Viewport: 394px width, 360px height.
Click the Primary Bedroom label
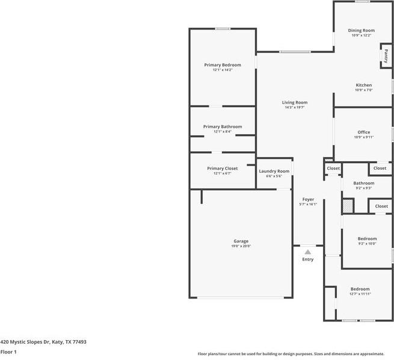point(222,65)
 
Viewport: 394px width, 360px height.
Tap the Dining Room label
point(362,30)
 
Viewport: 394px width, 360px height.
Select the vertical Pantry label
point(386,56)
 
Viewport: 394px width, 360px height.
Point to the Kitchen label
point(363,85)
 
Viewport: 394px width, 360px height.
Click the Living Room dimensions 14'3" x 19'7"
point(295,108)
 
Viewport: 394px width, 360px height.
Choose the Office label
point(363,132)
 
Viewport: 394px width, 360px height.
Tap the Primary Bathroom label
point(222,126)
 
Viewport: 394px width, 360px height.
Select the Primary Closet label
point(222,169)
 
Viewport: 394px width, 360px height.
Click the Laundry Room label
point(274,171)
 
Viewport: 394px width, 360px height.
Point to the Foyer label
point(308,199)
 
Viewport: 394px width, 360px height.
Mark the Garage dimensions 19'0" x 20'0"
point(241,246)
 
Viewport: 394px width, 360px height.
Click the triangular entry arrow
point(308,252)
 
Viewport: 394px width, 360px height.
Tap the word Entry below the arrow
point(308,259)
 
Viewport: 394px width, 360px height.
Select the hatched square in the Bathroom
point(347,206)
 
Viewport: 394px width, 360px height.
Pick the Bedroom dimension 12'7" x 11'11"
point(360,294)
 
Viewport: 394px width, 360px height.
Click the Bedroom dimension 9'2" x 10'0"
point(367,244)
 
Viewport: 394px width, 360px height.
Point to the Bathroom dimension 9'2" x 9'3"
point(363,188)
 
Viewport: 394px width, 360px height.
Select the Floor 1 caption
point(8,352)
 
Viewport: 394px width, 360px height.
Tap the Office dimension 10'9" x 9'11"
point(363,137)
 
